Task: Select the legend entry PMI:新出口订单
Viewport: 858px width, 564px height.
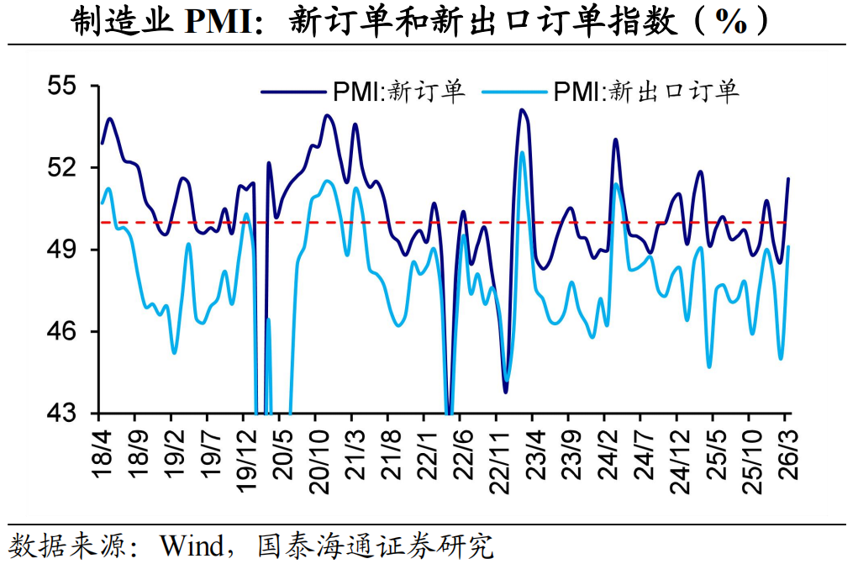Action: [643, 92]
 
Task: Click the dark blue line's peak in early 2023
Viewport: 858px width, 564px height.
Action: [522, 110]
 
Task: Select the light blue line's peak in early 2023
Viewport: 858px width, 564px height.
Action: [522, 152]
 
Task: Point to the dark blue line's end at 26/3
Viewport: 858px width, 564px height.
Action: [788, 178]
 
